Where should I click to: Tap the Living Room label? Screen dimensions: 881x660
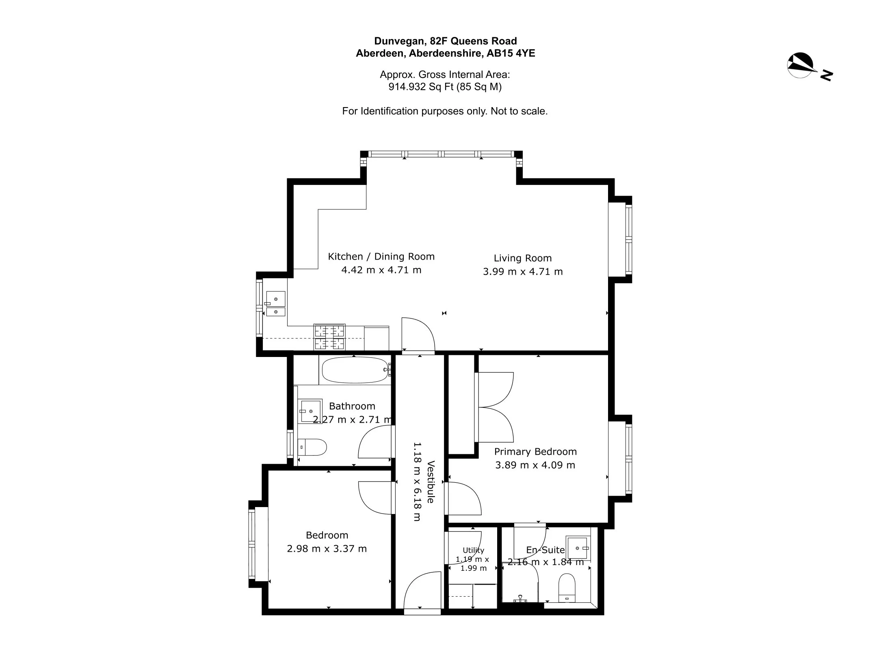(523, 258)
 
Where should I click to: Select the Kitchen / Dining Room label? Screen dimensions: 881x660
(381, 256)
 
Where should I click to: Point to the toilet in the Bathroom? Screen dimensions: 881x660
(312, 447)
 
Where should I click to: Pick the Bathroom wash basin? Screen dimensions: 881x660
(310, 411)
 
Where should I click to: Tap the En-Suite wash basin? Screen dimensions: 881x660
(578, 548)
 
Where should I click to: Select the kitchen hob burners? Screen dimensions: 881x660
(329, 337)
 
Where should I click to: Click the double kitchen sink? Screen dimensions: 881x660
(275, 303)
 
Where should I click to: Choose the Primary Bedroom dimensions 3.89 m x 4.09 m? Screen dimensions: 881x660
(535, 465)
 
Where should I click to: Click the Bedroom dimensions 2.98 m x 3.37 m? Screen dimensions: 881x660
(327, 548)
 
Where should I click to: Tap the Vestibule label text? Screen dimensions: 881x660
(431, 482)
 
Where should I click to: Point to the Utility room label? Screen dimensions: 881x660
(473, 550)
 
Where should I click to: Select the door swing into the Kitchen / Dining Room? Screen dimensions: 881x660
(418, 333)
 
